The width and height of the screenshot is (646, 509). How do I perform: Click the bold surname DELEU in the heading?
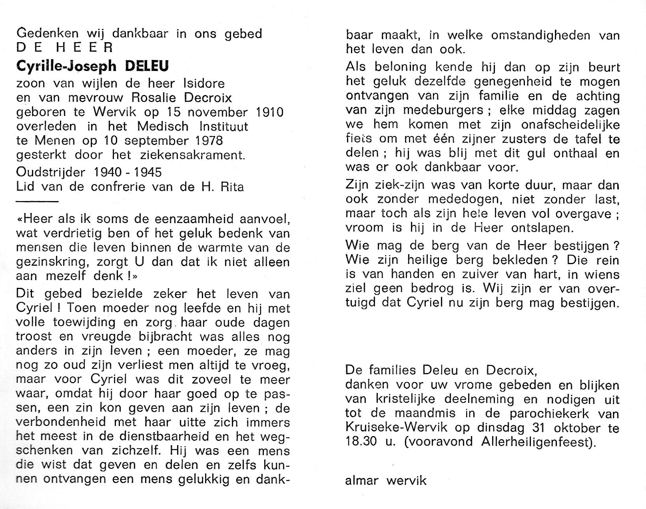click(147, 66)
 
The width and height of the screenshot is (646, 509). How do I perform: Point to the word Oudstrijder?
click(51, 172)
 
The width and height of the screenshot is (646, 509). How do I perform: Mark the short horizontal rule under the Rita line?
click(37, 201)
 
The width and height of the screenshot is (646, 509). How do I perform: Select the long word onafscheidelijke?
click(567, 125)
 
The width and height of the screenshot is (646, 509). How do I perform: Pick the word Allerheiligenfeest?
click(537, 442)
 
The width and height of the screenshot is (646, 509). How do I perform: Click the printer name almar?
click(362, 481)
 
